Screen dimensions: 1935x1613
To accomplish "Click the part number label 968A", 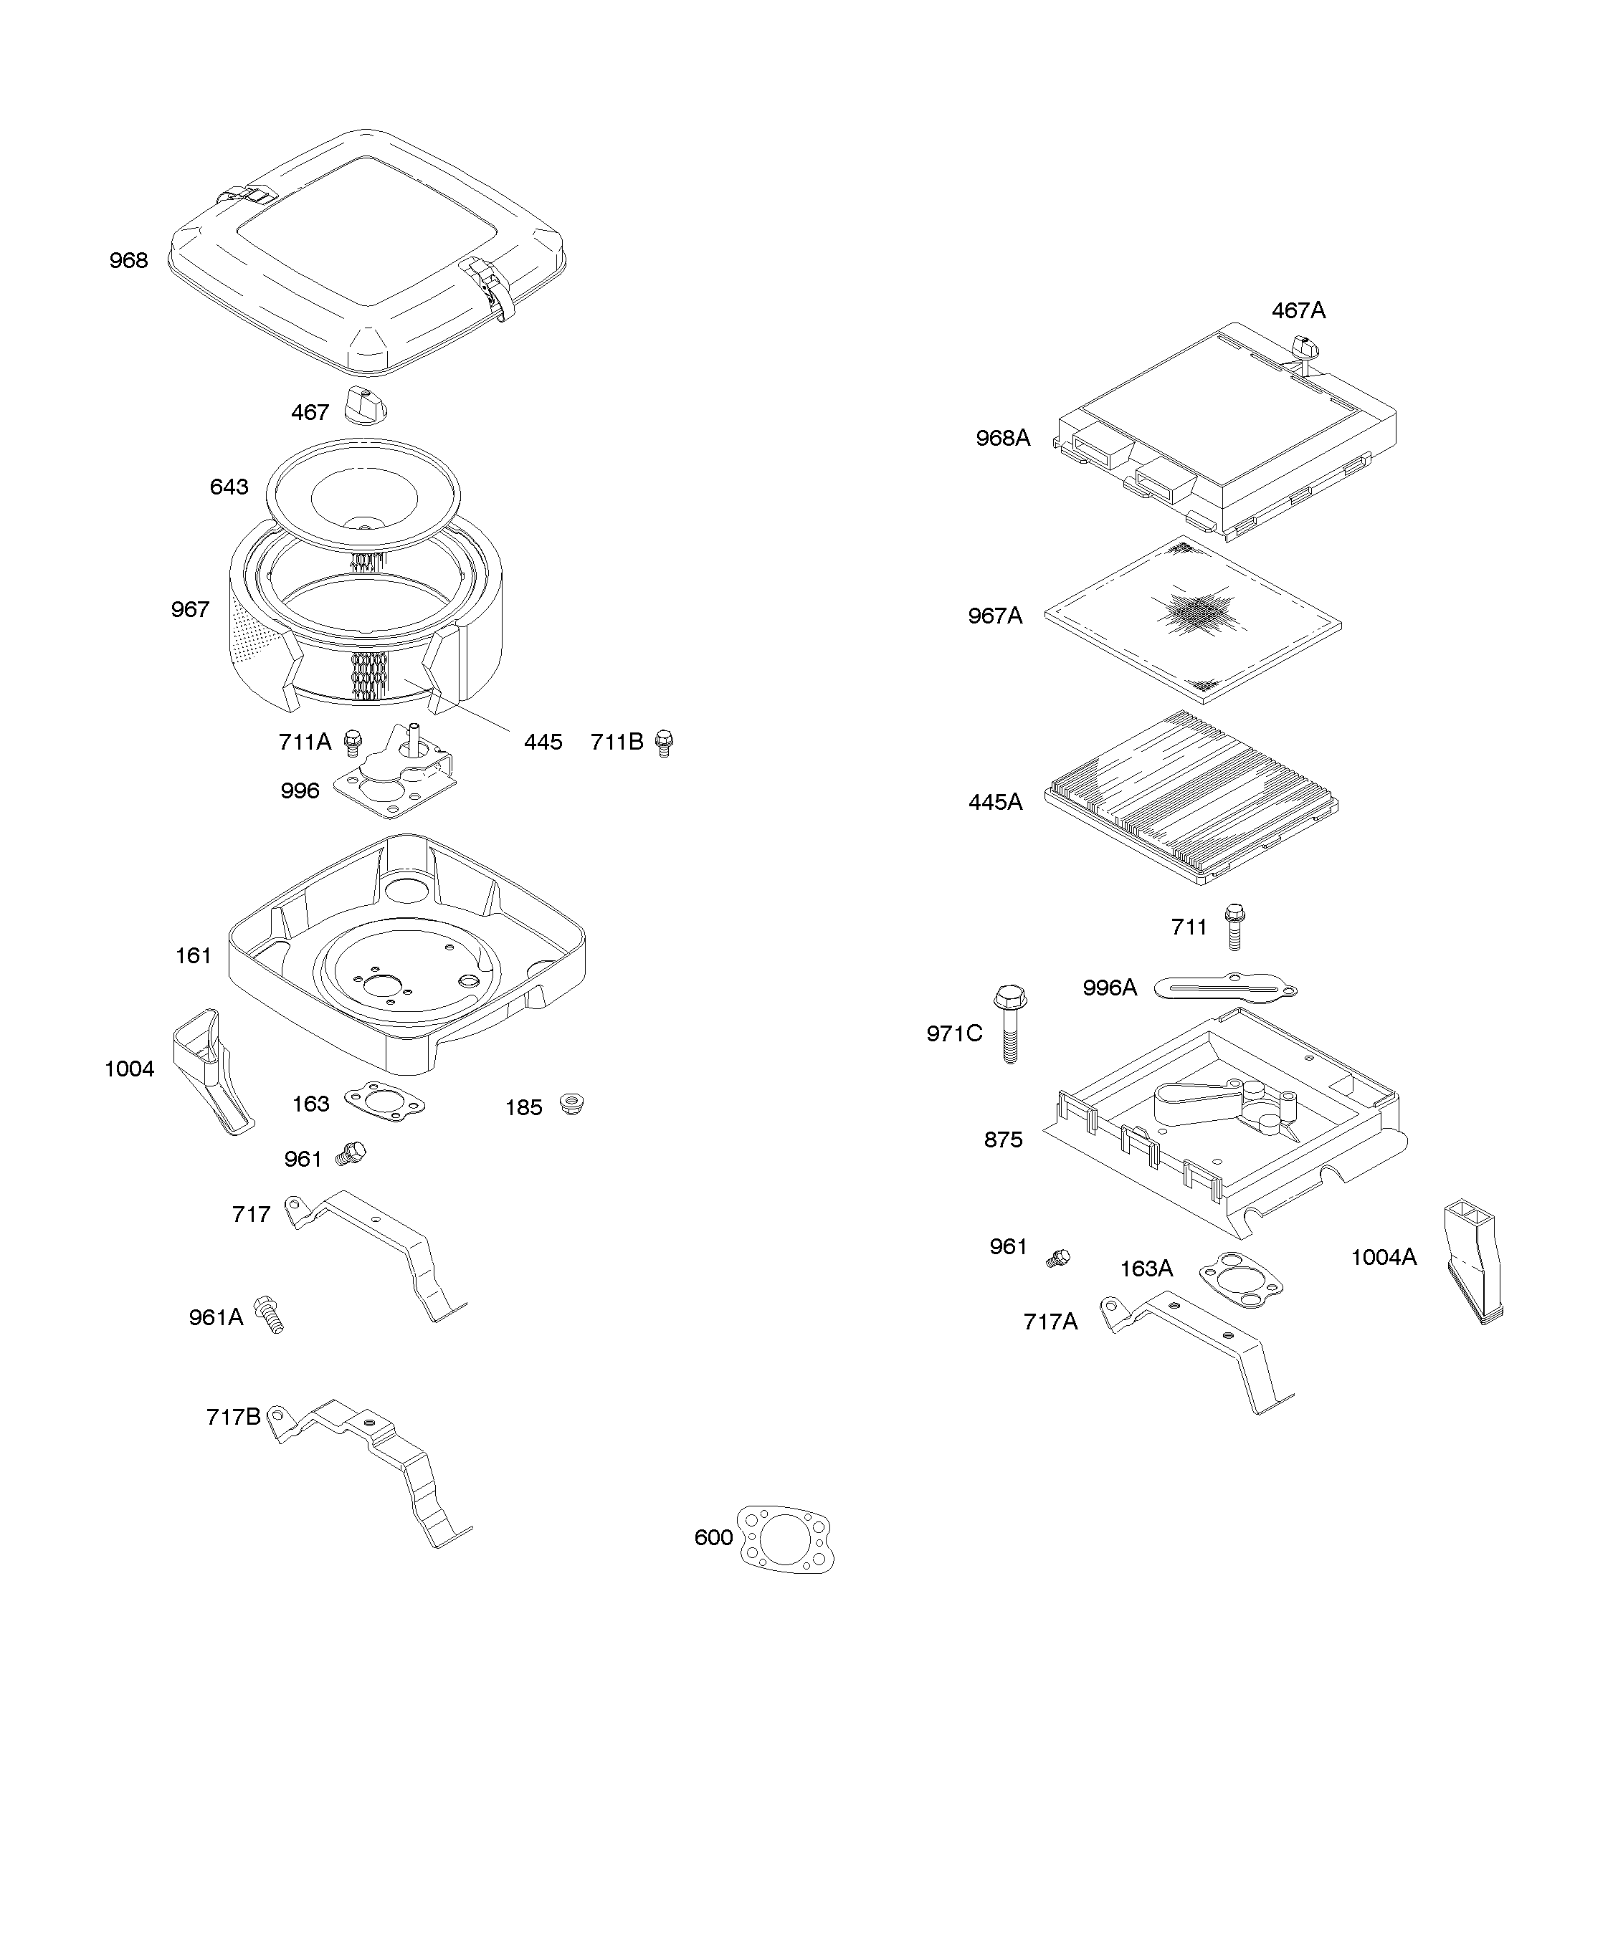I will click(1003, 438).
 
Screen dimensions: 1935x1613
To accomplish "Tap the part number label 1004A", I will click(1384, 1257).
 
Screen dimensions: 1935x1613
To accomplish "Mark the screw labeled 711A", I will click(352, 741).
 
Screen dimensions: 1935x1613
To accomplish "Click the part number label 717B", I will click(233, 1416).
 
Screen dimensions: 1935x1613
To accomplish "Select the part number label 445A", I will click(994, 802).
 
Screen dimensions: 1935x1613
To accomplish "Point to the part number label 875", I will click(1003, 1139).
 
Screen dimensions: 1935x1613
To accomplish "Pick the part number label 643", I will click(229, 487).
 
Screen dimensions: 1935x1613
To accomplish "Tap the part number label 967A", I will click(994, 616).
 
